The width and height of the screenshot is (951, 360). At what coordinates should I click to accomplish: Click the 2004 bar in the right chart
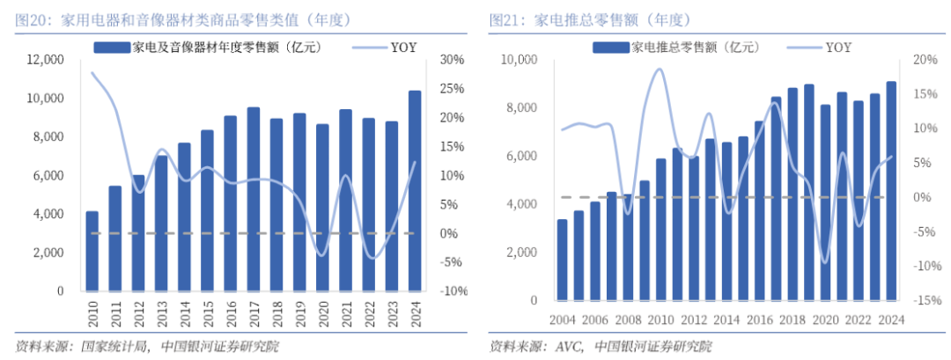562,260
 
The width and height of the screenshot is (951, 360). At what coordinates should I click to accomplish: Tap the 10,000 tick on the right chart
520,60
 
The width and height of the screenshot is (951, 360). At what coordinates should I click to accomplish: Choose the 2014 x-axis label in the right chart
726,318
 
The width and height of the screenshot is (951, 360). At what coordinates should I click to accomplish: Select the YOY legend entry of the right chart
838,47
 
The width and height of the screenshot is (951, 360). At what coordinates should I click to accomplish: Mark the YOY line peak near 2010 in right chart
658,70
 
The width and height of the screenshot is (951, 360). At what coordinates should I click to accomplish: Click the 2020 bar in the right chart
825,202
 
